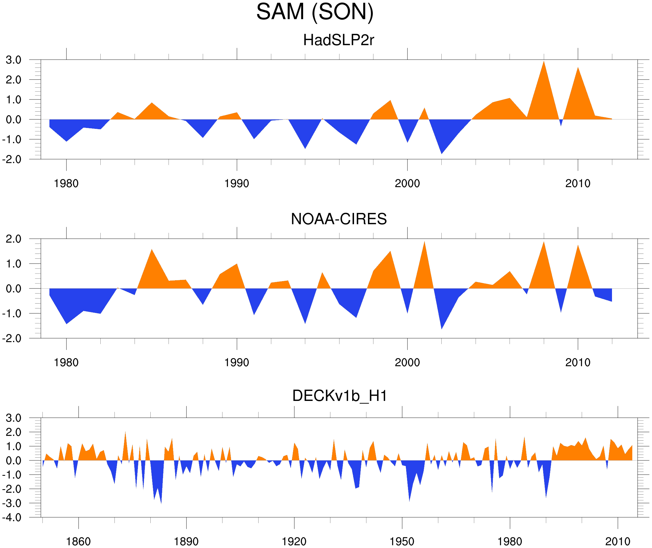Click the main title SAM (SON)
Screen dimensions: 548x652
tap(315, 12)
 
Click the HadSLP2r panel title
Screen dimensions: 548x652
tap(338, 40)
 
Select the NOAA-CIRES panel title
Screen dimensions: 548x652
tap(339, 219)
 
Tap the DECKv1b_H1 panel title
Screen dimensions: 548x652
tap(340, 396)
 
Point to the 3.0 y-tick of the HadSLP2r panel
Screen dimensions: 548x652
tap(14, 60)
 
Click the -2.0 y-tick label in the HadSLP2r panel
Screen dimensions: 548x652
tap(12, 160)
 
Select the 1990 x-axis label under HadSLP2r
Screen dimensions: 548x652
tap(237, 183)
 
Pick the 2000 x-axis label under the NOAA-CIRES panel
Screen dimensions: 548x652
tap(407, 362)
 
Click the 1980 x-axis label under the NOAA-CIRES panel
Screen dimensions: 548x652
tap(66, 362)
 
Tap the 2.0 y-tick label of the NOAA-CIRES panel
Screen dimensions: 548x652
tap(14, 239)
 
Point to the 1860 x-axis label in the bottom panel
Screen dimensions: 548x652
tap(78, 541)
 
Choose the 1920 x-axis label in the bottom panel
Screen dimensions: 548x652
tap(294, 541)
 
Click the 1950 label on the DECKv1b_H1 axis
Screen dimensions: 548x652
tap(402, 541)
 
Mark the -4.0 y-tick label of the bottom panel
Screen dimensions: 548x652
tap(12, 518)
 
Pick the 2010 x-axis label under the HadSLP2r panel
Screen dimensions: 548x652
tap(577, 183)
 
